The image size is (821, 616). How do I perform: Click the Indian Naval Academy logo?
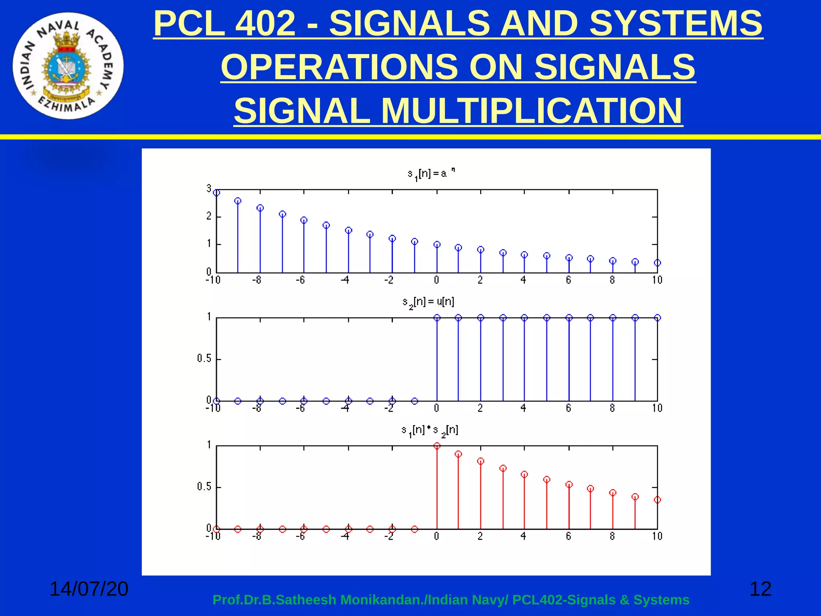click(68, 66)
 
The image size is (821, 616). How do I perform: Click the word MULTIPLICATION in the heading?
click(532, 111)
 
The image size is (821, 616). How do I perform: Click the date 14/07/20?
click(89, 589)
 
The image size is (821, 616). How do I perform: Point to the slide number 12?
click(760, 589)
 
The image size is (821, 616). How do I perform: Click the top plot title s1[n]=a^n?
click(431, 174)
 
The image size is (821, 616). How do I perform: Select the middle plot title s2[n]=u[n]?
click(428, 302)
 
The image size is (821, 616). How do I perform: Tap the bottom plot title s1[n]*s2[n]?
click(429, 430)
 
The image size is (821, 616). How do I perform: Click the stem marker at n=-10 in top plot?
click(216, 193)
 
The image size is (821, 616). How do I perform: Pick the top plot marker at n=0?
click(437, 245)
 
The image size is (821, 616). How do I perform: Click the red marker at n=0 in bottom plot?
click(437, 446)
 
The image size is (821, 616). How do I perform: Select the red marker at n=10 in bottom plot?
click(657, 500)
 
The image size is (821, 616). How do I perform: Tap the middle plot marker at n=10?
click(657, 318)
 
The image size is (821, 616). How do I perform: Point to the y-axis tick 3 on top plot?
click(209, 188)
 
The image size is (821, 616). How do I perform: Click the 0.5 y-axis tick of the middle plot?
click(204, 359)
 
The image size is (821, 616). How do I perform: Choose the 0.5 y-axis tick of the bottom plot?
click(204, 487)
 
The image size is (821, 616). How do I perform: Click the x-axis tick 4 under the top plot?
click(523, 280)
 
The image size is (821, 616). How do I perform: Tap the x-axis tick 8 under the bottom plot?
click(612, 536)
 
